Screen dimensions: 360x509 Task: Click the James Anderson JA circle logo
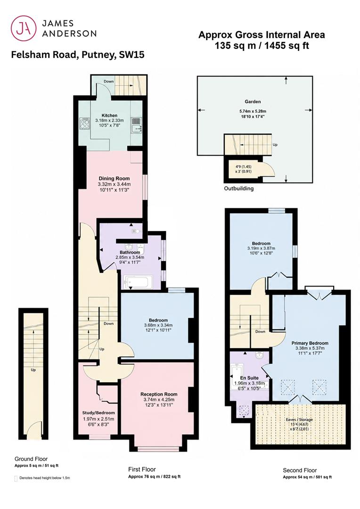[x=24, y=29]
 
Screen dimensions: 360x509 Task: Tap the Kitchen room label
[x=109, y=115]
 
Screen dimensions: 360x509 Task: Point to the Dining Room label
[x=114, y=178]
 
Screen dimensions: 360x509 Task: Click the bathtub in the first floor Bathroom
[x=138, y=282]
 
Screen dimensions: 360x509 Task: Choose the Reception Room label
[x=159, y=394]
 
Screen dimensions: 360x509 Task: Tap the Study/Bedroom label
[x=98, y=413]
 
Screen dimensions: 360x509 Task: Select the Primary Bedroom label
[x=310, y=343]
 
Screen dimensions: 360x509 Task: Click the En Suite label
[x=249, y=378]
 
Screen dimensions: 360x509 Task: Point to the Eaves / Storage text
[x=299, y=419]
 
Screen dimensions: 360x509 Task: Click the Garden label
[x=253, y=102]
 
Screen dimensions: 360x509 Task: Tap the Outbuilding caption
[x=239, y=188]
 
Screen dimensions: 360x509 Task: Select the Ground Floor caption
[x=31, y=459]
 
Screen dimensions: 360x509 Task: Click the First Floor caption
[x=142, y=469]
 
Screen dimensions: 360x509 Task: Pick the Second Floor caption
[x=300, y=470]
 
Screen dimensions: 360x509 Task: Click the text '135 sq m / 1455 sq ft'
[x=262, y=46]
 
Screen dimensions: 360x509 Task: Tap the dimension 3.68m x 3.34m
[x=158, y=325]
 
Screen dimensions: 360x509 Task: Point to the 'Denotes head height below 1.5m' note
[x=44, y=478]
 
